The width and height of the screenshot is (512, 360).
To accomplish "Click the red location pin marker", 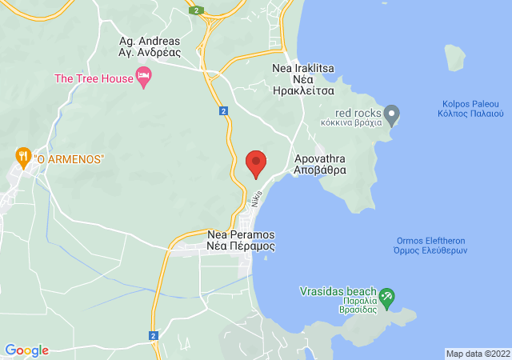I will coord(256,163).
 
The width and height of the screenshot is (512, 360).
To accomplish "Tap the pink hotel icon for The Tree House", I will coord(144,78).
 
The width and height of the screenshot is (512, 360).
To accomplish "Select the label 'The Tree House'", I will coord(93,78).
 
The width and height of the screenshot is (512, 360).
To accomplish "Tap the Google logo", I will coord(26,350).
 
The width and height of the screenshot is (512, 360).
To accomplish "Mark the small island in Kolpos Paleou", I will coord(455,57).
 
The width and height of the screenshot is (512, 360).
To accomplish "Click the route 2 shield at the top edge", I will coord(196,10).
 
